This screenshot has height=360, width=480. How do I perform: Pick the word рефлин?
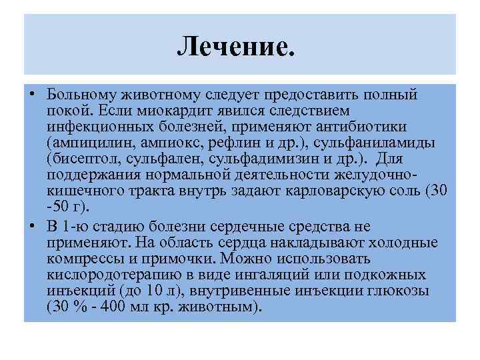pos(227,142)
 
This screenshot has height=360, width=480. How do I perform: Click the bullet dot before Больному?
pos(32,94)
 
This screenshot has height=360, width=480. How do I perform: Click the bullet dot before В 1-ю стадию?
pos(32,225)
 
